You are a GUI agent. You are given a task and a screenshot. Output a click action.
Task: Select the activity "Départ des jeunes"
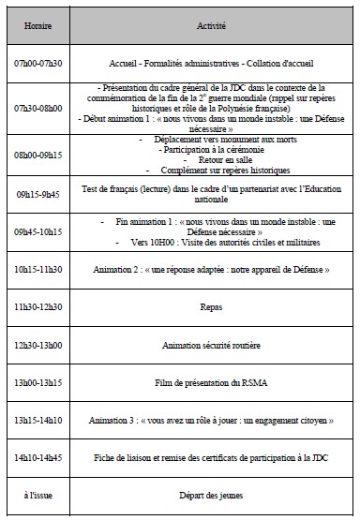coord(212,497)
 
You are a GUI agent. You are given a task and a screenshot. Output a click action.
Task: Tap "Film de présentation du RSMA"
coord(212,383)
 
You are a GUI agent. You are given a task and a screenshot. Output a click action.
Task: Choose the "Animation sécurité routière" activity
coord(212,345)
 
